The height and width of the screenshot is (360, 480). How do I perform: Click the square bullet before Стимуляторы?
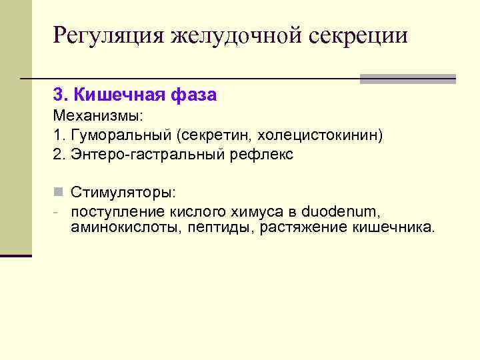coord(58,193)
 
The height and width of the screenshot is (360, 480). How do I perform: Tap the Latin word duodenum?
coord(341,211)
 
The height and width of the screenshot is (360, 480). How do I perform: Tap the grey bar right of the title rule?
coord(407,79)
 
